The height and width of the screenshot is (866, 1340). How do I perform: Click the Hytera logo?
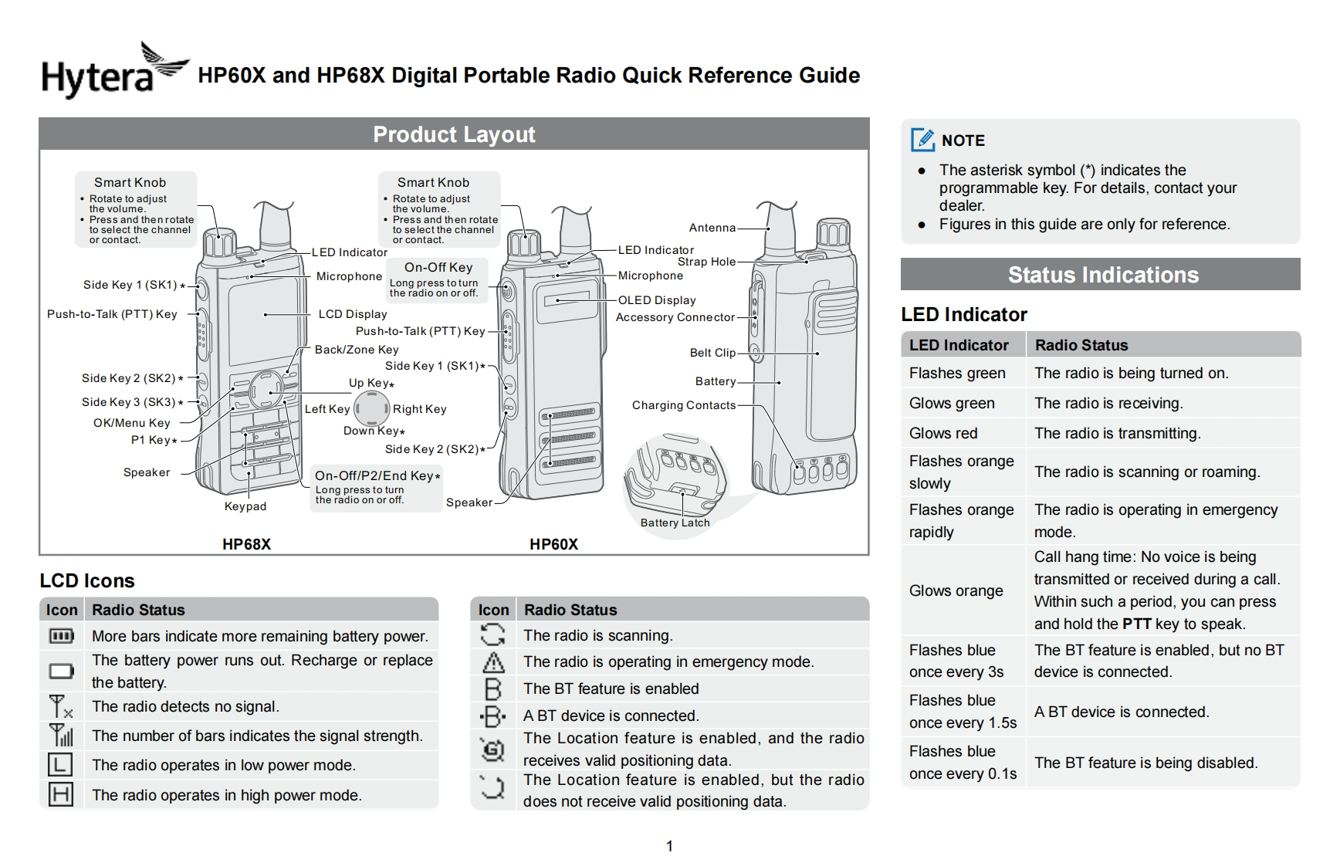[x=114, y=71]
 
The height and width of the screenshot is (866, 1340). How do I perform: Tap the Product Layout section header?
[x=454, y=134]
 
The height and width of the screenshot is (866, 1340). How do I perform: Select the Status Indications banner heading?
[x=1102, y=275]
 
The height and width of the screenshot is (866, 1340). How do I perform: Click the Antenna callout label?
[x=712, y=228]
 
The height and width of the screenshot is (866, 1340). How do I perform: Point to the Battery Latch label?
[x=675, y=523]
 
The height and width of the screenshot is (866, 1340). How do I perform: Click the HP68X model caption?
[x=246, y=544]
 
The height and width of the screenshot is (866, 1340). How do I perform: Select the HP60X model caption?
[x=553, y=544]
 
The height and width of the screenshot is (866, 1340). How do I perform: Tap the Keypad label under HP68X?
[x=245, y=506]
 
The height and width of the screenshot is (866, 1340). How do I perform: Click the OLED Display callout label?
[x=657, y=300]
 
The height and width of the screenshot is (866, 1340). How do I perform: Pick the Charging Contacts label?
[x=683, y=405]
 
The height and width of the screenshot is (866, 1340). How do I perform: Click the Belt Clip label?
[x=712, y=353]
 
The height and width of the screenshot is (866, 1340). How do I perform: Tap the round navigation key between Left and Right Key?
[x=371, y=408]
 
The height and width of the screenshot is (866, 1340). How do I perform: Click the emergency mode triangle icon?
[x=493, y=662]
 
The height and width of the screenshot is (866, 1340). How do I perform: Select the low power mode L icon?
[x=60, y=765]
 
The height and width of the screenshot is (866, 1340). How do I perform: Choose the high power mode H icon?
[x=60, y=794]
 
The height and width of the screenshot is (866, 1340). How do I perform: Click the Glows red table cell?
[x=943, y=433]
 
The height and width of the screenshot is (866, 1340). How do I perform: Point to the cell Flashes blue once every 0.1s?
[x=962, y=762]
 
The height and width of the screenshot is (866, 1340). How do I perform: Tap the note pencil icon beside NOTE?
[x=922, y=140]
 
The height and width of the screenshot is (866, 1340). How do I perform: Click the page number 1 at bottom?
[x=669, y=846]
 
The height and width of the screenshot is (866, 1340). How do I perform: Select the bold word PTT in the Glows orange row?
[x=1136, y=624]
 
